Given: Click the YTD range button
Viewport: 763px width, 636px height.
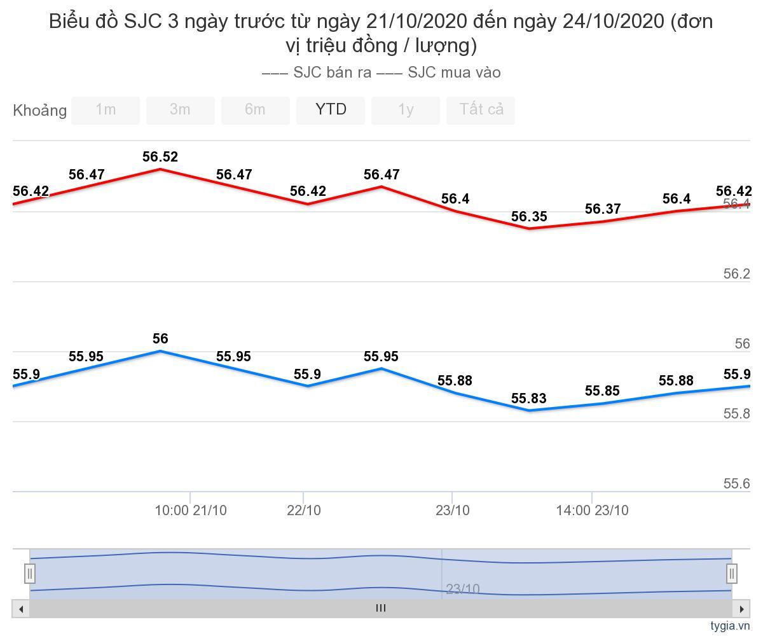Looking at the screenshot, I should click(331, 110).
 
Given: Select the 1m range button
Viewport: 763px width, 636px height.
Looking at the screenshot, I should click(106, 110).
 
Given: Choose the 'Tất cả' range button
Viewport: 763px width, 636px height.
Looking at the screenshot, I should click(481, 110).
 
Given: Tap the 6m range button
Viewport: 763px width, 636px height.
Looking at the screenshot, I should click(255, 110).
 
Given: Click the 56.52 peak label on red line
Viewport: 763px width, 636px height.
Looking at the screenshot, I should click(160, 157).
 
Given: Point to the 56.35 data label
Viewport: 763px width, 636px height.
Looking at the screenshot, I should click(529, 217).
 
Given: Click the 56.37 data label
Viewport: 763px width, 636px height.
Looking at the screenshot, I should click(603, 209).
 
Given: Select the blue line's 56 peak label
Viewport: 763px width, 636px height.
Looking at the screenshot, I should click(160, 339).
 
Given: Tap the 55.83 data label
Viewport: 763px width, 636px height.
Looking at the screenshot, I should click(529, 399).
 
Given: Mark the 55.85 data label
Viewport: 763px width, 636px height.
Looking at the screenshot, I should click(603, 391).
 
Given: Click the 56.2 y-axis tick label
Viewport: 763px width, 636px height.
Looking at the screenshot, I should click(736, 274).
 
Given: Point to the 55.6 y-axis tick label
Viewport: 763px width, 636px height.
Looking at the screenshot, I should click(736, 484).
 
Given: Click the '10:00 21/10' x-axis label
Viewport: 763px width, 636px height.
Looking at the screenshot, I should click(191, 510).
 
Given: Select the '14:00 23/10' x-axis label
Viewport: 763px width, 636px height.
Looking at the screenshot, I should click(592, 510).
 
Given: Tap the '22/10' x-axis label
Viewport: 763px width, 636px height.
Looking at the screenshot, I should click(304, 510).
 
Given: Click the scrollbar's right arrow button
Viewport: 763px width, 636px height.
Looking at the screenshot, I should click(741, 609).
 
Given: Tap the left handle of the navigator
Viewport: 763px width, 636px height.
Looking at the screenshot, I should click(30, 574).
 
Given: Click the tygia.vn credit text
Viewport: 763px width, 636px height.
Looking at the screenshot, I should click(730, 626).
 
